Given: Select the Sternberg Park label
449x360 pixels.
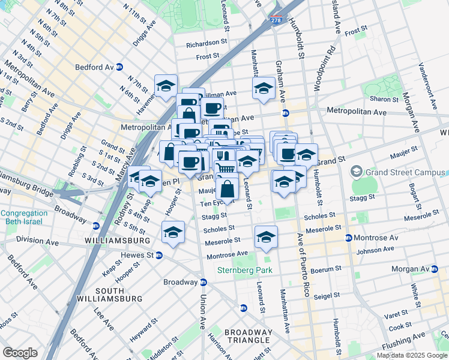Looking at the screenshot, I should [x=245, y=270].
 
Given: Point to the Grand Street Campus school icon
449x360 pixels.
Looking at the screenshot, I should [x=357, y=173].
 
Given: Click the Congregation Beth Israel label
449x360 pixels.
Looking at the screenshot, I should [x=24, y=217].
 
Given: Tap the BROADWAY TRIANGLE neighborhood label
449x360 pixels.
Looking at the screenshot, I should [x=249, y=336].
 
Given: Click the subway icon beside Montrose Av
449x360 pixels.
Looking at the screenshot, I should [x=348, y=238].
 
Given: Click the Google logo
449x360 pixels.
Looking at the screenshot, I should [x=20, y=352].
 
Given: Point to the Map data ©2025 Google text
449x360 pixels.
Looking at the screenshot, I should [x=412, y=355].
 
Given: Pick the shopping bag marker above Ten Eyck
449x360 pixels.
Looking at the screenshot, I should [x=228, y=190].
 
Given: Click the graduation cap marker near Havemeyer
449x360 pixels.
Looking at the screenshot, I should [x=166, y=86].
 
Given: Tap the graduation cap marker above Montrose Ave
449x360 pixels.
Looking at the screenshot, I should [x=266, y=238].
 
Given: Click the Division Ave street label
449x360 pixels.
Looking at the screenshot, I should [x=37, y=243].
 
